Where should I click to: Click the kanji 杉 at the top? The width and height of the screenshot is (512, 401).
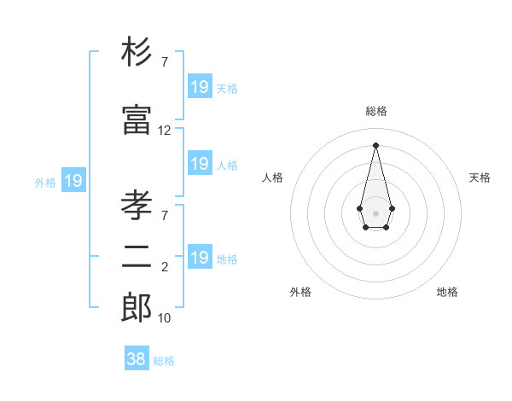[x=137, y=54]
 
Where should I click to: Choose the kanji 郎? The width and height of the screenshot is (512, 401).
[x=137, y=307]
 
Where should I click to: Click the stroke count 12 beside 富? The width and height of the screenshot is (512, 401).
[x=165, y=131]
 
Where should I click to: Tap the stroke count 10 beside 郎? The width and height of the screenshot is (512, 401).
[x=165, y=318]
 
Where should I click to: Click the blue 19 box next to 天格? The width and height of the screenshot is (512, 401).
[x=200, y=87]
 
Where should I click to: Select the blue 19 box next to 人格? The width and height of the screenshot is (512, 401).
[x=200, y=164]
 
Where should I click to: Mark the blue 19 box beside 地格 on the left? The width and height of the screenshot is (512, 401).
[x=200, y=258]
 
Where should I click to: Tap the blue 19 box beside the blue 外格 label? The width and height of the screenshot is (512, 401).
[x=73, y=181]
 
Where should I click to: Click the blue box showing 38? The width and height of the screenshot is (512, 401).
[x=137, y=359]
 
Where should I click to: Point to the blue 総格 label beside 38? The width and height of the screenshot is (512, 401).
[x=164, y=361]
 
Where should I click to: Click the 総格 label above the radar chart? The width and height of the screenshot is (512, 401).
[x=375, y=111]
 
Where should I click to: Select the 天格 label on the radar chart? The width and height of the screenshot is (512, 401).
[x=480, y=177]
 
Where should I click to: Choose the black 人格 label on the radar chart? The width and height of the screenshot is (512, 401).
[x=272, y=177]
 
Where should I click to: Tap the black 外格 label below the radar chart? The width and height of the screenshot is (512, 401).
[x=300, y=292]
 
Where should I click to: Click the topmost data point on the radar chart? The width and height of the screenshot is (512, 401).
[x=375, y=144]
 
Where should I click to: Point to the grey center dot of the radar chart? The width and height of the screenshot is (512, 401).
[x=375, y=212]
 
